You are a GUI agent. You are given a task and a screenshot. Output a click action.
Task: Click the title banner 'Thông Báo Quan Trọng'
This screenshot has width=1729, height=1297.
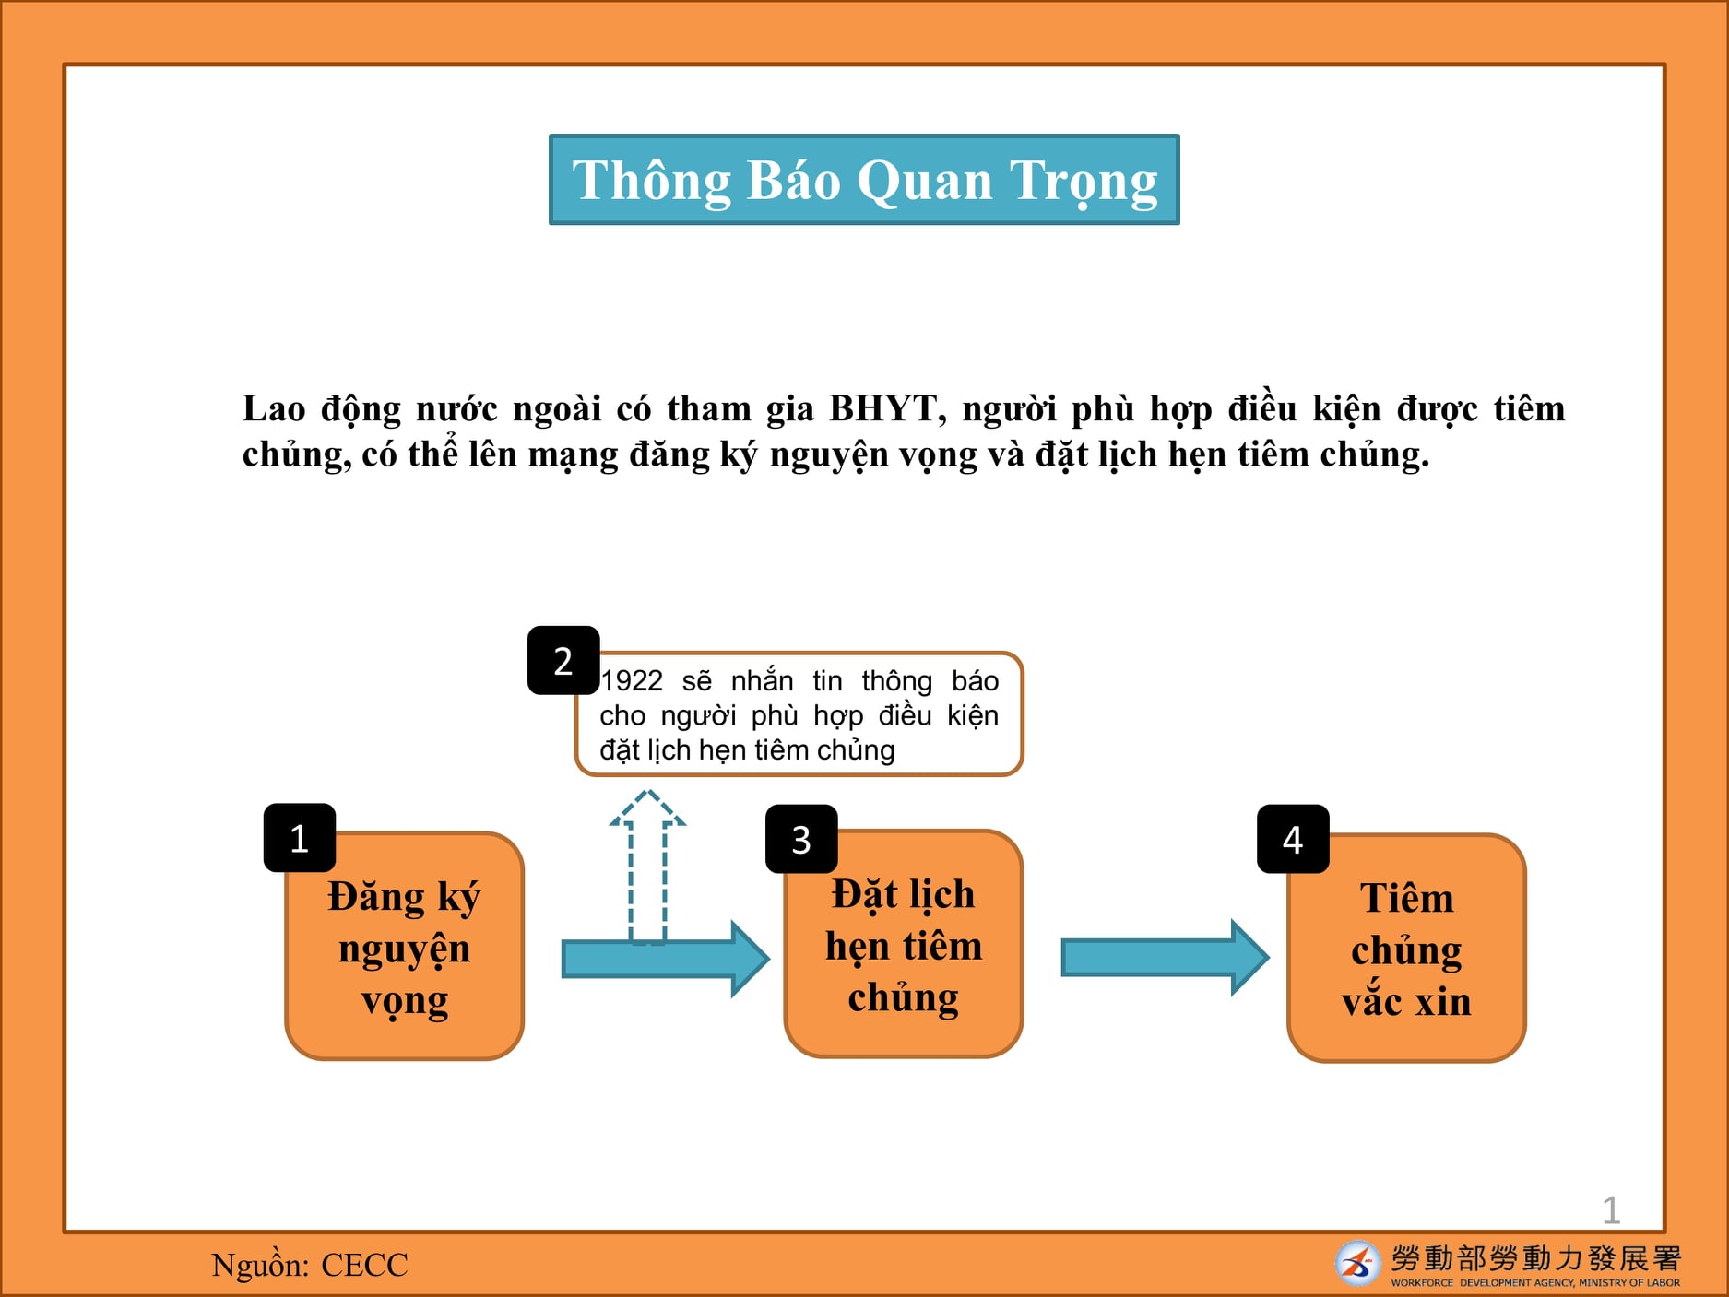pos(864,179)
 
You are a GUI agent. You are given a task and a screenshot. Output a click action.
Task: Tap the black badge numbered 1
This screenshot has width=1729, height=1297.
pos(300,838)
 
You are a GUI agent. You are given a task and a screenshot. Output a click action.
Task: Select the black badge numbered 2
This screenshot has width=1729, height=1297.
pos(563,660)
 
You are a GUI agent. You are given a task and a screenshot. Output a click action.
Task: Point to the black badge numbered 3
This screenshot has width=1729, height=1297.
pos(801,839)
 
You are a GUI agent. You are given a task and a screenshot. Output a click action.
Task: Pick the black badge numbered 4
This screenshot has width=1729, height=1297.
pos(1293,839)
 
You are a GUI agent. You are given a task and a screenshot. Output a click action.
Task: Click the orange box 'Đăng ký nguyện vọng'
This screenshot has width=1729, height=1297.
pos(405,947)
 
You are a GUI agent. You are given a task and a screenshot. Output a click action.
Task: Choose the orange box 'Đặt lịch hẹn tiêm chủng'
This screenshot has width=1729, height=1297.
pos(904,944)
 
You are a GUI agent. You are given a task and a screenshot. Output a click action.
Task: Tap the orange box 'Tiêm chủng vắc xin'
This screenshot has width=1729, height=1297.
pos(1406,949)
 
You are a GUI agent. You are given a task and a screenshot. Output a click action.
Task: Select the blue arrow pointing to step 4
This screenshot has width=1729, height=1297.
pos(1166,958)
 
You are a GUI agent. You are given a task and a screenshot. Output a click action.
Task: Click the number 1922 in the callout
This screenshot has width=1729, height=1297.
pos(632,680)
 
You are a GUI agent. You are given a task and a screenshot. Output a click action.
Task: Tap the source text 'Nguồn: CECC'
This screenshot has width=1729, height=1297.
pos(310,1265)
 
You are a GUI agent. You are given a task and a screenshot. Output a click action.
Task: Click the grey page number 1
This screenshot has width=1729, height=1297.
pos(1611,1210)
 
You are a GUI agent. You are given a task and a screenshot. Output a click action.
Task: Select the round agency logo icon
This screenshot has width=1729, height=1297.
pos(1357,1263)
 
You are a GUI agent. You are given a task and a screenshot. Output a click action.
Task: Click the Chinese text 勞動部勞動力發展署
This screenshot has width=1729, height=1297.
pos(1536,1258)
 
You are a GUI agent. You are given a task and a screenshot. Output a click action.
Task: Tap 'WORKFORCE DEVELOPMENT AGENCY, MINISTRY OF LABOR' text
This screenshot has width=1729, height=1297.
pos(1535,1282)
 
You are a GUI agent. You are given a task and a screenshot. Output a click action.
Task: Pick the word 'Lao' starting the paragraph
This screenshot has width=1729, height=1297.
pos(274,408)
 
